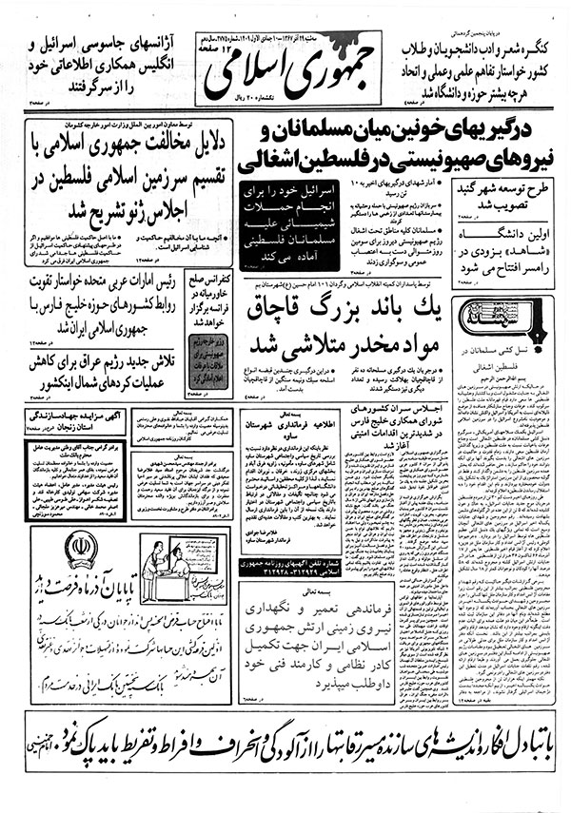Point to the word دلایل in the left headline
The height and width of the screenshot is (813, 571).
tap(196, 144)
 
